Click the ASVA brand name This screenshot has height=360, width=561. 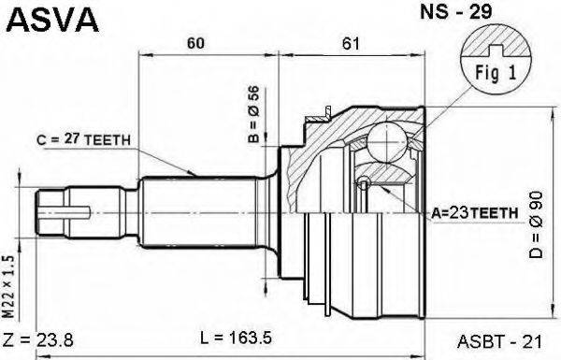click(52, 20)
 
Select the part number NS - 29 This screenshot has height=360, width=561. click(456, 11)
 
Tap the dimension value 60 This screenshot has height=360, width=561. click(195, 43)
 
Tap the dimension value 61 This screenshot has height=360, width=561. click(351, 43)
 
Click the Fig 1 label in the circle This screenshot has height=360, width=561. click(496, 73)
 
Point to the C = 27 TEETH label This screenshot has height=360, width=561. click(83, 139)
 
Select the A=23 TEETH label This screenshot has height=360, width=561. click(474, 213)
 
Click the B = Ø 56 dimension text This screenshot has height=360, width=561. click(253, 114)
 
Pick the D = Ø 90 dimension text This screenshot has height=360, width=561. click(536, 224)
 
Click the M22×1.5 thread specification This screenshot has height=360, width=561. click(8, 287)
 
